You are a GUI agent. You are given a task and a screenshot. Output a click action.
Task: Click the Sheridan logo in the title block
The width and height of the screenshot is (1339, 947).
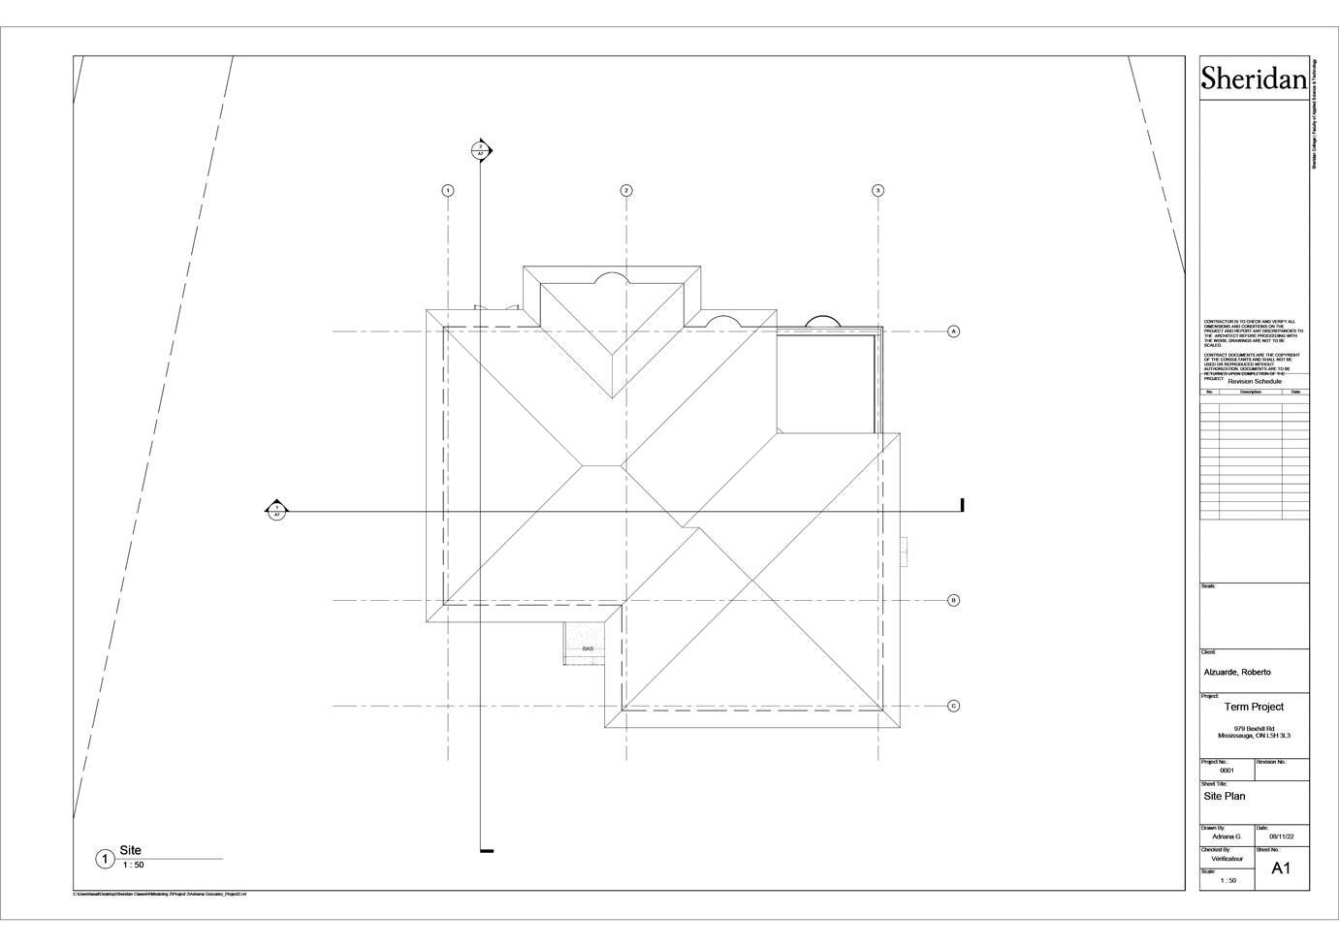coord(1254,79)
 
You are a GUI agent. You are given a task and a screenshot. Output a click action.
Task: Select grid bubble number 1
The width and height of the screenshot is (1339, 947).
coord(448,190)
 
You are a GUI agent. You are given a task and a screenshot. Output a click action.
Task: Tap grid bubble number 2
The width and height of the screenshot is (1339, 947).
coord(626,190)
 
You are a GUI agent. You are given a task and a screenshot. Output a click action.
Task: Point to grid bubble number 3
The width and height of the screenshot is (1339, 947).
coord(878,190)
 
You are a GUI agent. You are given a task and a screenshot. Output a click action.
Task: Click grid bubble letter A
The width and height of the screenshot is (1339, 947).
coord(954,331)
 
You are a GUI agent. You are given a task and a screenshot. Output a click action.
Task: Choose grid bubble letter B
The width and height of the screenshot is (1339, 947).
coord(954,600)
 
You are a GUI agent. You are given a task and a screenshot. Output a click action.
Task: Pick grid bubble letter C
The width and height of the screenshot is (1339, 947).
coord(954,706)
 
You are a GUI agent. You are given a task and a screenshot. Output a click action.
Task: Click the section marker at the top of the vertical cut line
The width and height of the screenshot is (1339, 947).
coord(481,150)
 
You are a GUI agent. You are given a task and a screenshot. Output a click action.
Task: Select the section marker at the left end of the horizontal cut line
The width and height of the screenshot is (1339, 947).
coord(277,511)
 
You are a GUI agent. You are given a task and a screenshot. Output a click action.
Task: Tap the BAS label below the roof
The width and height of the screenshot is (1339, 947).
coord(588,648)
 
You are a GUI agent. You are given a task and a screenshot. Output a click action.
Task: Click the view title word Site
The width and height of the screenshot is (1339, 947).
coord(130,850)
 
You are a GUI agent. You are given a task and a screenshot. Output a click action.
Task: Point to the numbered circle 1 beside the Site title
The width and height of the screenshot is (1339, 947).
coord(105,859)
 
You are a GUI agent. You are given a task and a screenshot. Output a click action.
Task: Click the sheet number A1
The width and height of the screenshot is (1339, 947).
coord(1281,868)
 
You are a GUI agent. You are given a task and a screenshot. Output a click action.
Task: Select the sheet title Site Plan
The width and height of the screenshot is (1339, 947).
coord(1225,796)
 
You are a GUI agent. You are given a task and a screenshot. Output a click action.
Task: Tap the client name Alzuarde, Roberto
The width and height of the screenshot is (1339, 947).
coord(1237,672)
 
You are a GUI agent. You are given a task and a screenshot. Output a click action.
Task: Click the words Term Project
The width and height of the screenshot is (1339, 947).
coord(1254,707)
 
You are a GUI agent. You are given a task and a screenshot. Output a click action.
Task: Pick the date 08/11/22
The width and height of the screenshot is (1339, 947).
coord(1282,836)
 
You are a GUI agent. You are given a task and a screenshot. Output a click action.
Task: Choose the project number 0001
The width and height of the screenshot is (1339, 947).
coord(1227,771)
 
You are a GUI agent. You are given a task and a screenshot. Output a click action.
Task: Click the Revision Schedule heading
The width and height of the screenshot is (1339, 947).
coord(1255,381)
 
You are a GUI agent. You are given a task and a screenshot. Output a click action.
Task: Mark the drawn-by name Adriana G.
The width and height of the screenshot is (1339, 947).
coord(1227,836)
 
